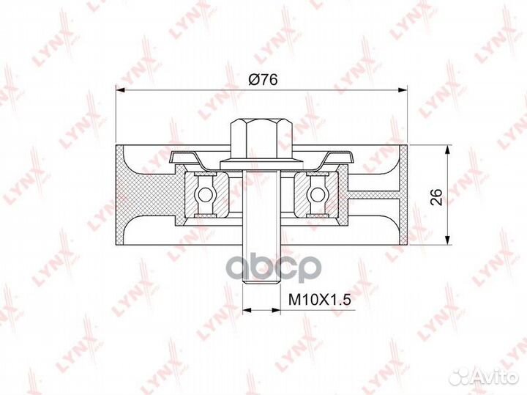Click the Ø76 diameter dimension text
click(x=263, y=81)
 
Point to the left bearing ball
click(x=207, y=194)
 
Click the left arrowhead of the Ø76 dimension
click(x=122, y=90)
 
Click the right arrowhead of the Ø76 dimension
click(x=403, y=90)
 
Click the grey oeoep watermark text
click(x=271, y=268)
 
